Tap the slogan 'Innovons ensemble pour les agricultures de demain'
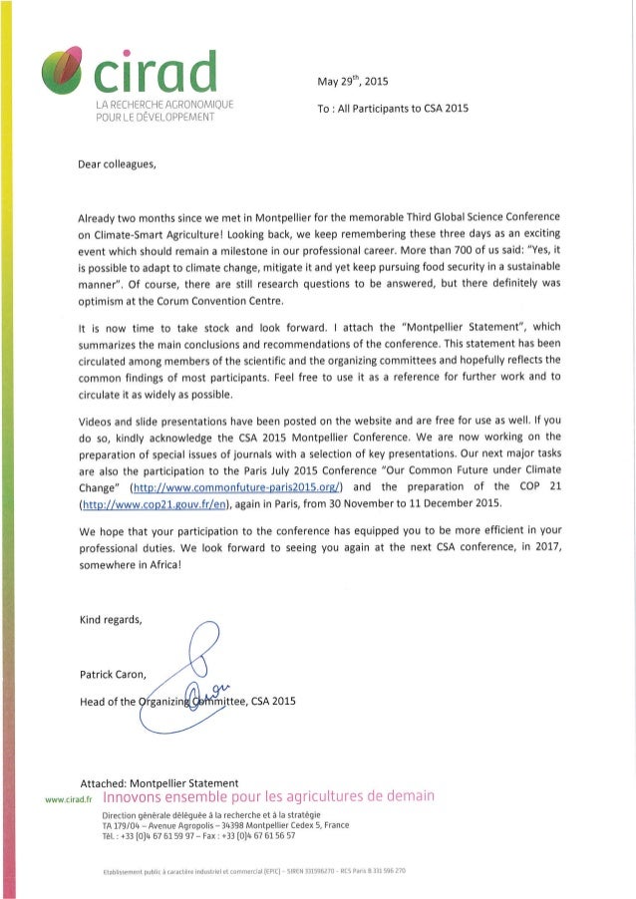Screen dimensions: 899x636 tap(269, 796)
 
